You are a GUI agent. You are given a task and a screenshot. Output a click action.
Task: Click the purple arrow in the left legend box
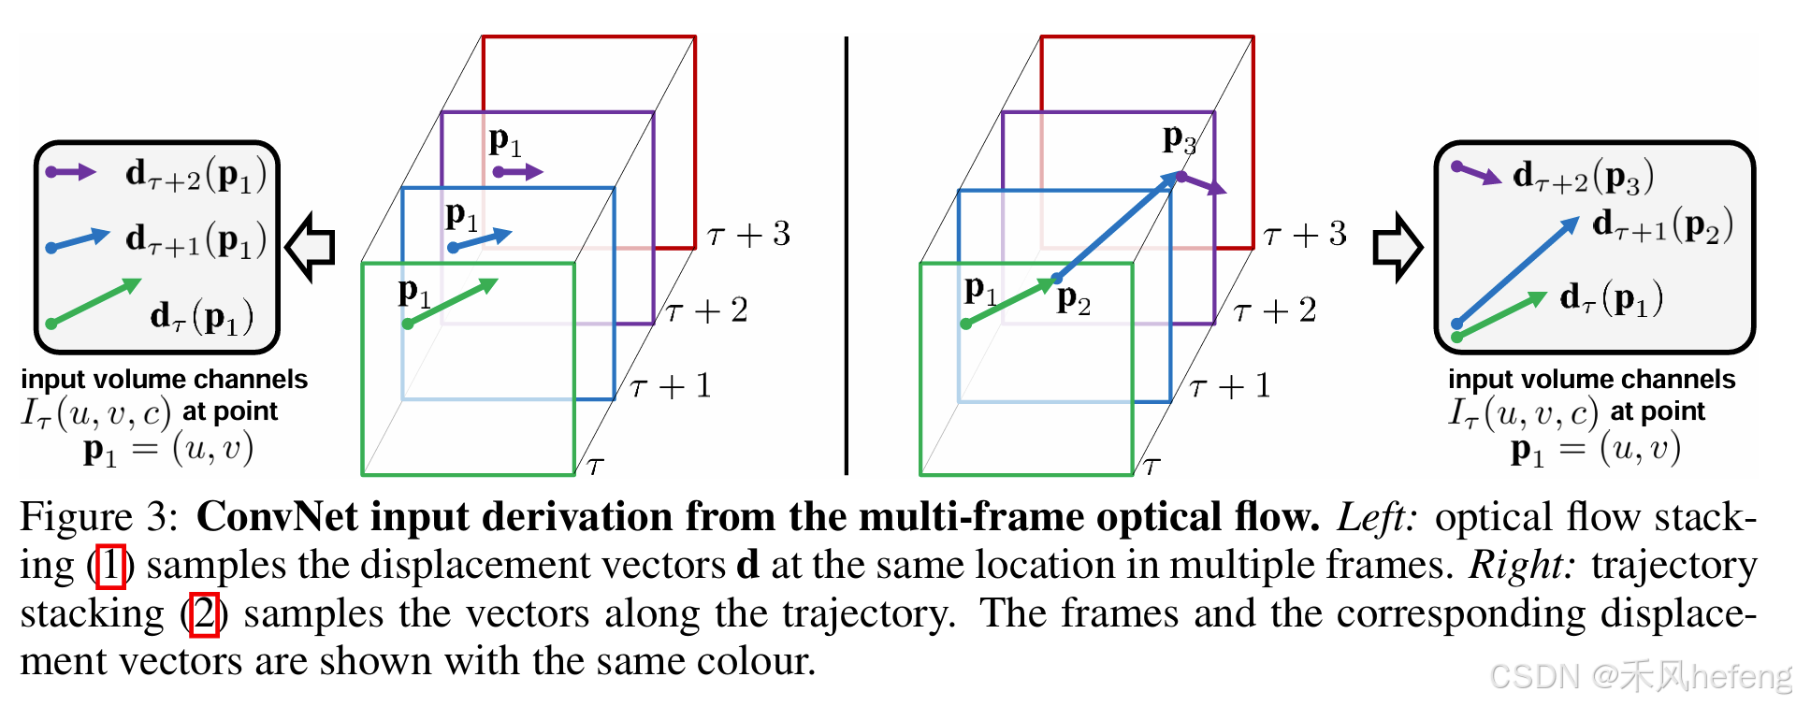(x=71, y=172)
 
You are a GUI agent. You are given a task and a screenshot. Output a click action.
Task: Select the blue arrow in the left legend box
(x=79, y=240)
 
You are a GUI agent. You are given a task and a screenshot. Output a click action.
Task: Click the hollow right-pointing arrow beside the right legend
(x=1398, y=247)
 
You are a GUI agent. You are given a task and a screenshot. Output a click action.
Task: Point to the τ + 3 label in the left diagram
(x=749, y=234)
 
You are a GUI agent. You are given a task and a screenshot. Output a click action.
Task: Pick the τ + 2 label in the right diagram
(x=1275, y=310)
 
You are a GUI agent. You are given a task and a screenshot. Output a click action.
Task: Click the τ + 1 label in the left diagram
(x=671, y=386)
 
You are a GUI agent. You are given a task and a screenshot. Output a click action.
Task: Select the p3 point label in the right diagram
(x=1179, y=139)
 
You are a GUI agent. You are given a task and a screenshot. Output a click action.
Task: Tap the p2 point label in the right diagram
(x=1074, y=299)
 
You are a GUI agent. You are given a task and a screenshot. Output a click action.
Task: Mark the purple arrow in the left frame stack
(x=517, y=172)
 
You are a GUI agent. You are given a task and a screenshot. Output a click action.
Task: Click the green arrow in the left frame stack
(x=452, y=302)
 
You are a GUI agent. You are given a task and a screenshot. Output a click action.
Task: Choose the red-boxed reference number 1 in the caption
(x=111, y=566)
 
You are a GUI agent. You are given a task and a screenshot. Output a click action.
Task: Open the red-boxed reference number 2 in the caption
(x=204, y=614)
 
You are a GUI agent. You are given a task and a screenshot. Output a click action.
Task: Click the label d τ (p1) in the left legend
(x=202, y=317)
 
